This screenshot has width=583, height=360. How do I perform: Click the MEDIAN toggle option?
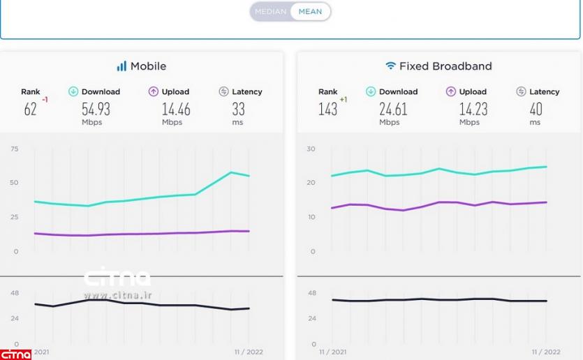pos(270,11)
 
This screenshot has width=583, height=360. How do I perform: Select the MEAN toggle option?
pos(310,11)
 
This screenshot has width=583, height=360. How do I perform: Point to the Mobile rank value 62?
pos(30,110)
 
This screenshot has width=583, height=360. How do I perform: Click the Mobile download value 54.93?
pos(96,110)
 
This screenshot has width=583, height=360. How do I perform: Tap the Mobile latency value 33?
pos(239,110)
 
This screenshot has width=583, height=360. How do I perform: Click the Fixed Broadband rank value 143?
pos(327,110)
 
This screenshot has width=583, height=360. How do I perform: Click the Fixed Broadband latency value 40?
pos(536,110)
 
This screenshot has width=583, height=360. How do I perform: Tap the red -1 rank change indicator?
pos(45,100)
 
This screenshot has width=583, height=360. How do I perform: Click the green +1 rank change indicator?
pos(344,100)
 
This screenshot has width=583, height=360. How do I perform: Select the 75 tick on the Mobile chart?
pos(15,149)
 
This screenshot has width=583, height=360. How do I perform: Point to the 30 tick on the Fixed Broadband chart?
pos(311,149)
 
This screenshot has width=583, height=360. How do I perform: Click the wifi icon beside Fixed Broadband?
pos(390,66)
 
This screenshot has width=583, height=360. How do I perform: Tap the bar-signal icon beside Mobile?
pos(121,66)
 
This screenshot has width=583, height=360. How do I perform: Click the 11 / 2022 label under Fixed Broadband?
pos(546,352)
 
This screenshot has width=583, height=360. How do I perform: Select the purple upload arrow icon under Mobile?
pos(154,91)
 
